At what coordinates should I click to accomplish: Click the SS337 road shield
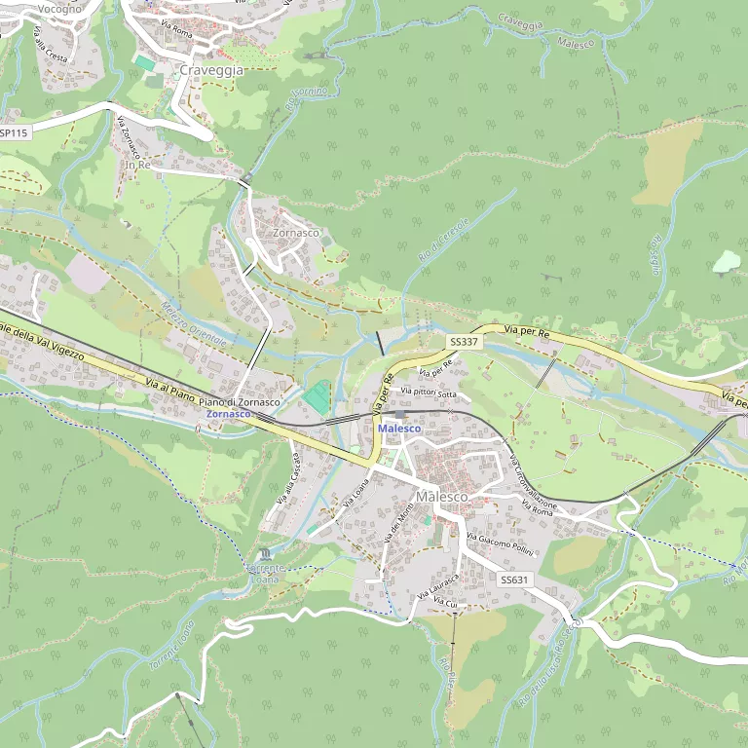pos(464,342)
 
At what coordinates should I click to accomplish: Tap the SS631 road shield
pos(515,580)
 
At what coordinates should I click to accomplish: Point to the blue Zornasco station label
pos(229,414)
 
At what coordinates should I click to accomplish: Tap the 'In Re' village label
pos(137,165)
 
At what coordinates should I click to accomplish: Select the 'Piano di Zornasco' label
pos(240,401)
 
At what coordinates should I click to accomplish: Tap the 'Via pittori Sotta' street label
pos(428,393)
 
